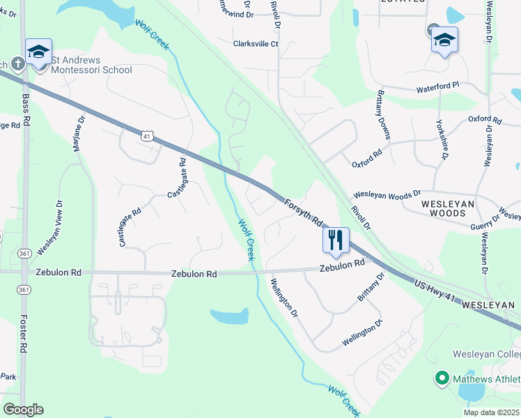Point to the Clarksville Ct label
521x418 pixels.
coord(256,43)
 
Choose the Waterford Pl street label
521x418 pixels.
coord(438,86)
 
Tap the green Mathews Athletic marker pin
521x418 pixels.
coord(440,379)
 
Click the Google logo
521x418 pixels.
coord(23,410)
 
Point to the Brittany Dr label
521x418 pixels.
coord(371,286)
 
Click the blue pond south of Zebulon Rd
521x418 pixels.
coord(229,317)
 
